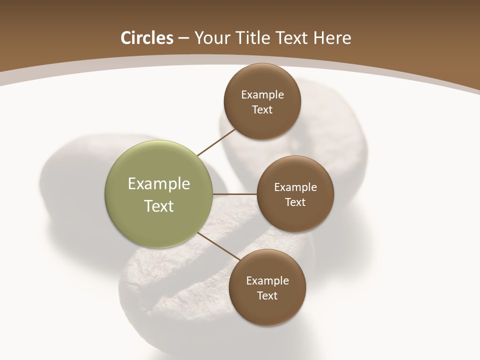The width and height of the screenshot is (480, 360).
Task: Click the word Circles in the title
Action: [147, 38]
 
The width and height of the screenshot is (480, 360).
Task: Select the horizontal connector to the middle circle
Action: [235, 194]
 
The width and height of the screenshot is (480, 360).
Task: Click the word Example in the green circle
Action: [159, 184]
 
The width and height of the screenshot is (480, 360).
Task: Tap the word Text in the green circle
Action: [159, 206]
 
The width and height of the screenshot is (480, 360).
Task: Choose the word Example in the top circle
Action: [262, 95]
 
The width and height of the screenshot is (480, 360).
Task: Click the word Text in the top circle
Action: [262, 109]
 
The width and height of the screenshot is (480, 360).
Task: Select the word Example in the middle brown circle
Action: [295, 187]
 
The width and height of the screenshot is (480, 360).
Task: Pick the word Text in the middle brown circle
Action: [295, 202]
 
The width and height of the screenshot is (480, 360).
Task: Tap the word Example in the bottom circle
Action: [267, 281]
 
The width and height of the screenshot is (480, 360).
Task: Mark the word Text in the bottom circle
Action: [267, 295]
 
